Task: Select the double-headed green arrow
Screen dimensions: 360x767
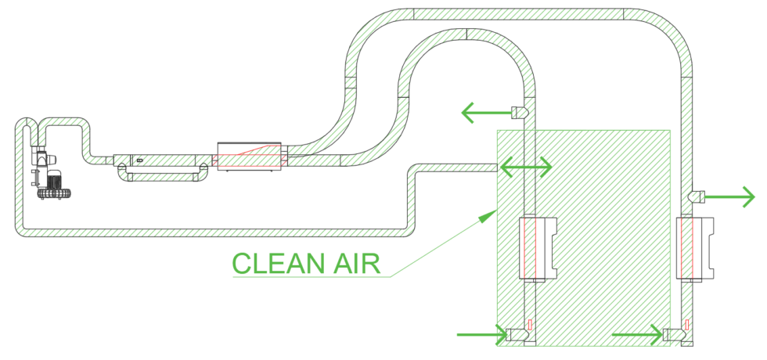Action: pos(526,166)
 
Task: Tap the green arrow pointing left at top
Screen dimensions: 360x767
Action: pos(484,113)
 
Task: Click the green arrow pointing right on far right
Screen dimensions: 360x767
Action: pos(731,195)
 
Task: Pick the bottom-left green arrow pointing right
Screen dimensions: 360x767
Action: pos(482,336)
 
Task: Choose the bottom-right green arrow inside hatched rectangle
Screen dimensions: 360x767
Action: pos(637,336)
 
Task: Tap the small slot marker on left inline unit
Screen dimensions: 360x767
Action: pos(139,160)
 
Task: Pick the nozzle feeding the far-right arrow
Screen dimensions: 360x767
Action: pos(696,195)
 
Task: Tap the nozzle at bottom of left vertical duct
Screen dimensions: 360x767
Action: pos(517,335)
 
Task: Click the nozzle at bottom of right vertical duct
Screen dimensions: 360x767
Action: pos(672,335)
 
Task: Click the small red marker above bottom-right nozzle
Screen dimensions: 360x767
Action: pos(686,323)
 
